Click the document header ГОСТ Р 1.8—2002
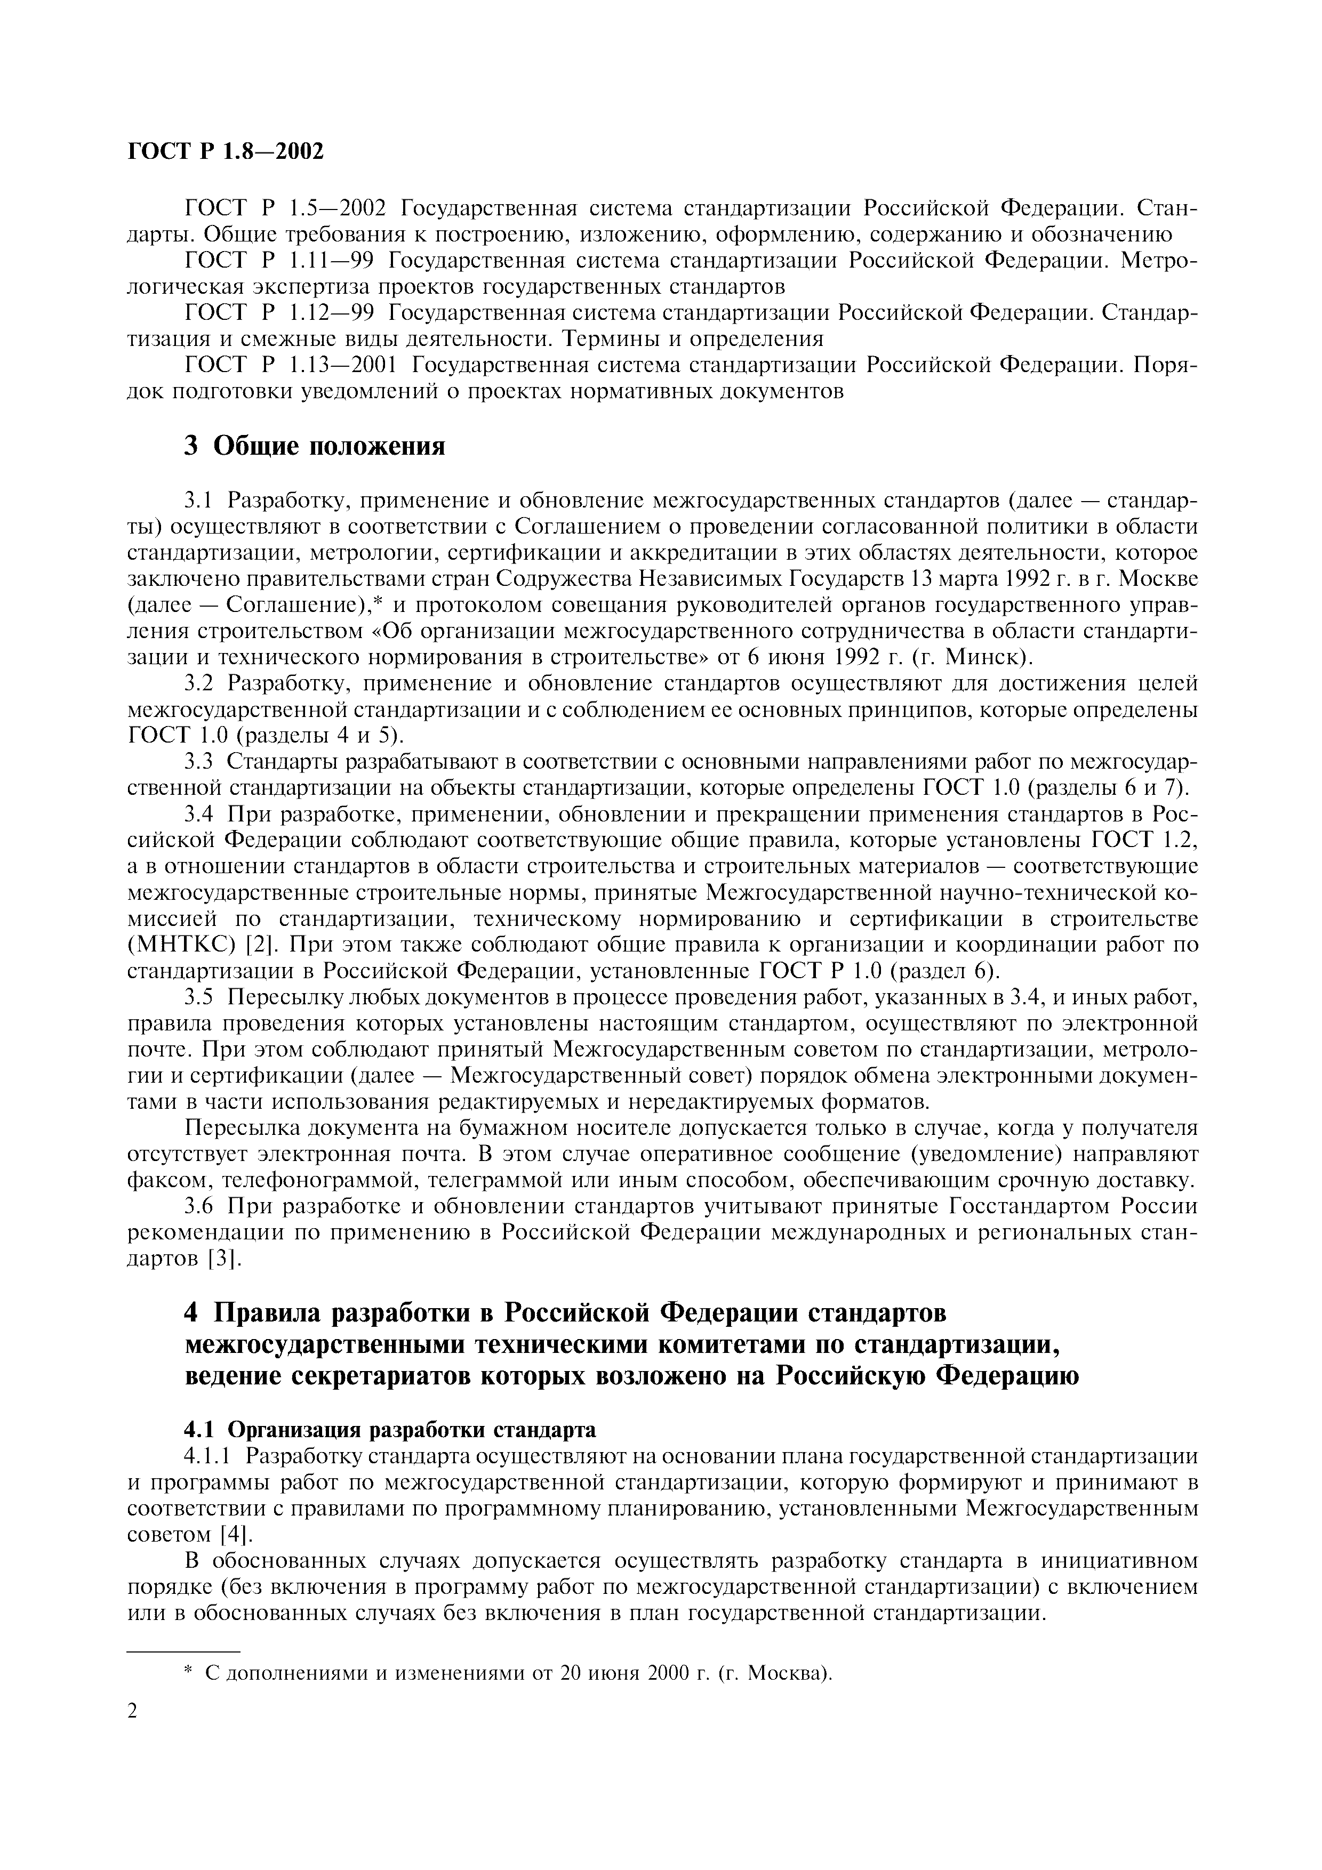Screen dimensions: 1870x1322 (226, 151)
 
